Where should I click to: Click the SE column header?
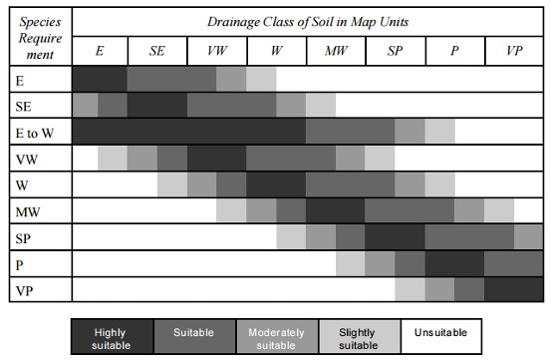[157, 50]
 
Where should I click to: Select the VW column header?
[216, 50]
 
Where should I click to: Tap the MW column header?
[336, 50]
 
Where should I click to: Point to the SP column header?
[396, 50]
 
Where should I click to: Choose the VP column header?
[513, 50]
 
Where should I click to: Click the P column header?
[454, 50]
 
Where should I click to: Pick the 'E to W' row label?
[35, 131]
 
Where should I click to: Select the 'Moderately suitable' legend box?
[276, 337]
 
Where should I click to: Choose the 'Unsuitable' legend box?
[440, 337]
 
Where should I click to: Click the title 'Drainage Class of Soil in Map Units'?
[307, 21]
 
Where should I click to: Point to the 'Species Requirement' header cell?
[40, 35]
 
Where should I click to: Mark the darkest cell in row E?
[100, 78]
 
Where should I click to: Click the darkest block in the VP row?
[512, 289]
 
